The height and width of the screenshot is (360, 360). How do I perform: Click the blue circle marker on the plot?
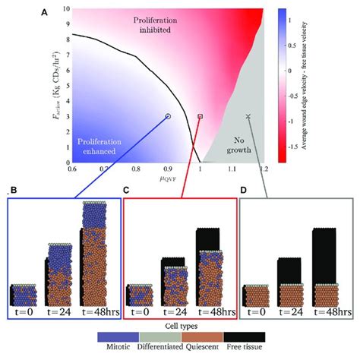[168, 116]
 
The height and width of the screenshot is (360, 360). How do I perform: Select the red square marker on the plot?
[201, 116]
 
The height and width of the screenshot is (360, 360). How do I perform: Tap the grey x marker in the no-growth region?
[248, 116]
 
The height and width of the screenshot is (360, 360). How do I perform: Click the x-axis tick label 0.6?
[72, 169]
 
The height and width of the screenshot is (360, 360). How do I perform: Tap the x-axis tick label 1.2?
[263, 169]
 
